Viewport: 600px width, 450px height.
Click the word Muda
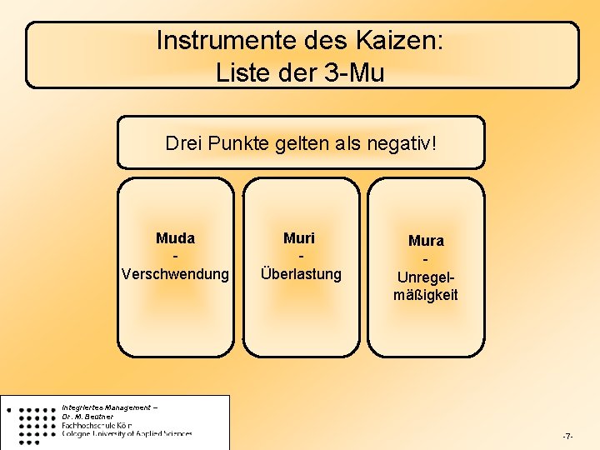pyautogui.click(x=175, y=238)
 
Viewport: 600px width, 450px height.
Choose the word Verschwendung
pyautogui.click(x=175, y=273)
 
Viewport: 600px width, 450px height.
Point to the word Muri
pyautogui.click(x=300, y=238)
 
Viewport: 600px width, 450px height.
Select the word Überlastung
pyautogui.click(x=301, y=273)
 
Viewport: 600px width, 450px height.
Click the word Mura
pyautogui.click(x=426, y=241)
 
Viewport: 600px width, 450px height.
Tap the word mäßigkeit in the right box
pyautogui.click(x=426, y=295)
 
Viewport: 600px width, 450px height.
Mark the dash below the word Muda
pyautogui.click(x=175, y=256)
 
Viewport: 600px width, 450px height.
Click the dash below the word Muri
pyautogui.click(x=300, y=256)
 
